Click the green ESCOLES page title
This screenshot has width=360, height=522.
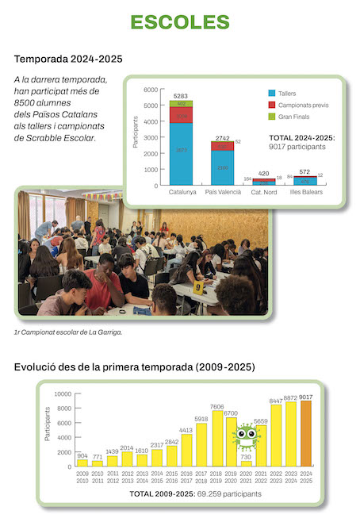pos(179,21)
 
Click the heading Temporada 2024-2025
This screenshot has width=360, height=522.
pos(68,59)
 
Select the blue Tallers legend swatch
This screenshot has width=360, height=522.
pos(271,93)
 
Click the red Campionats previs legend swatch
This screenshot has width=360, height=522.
pos(271,105)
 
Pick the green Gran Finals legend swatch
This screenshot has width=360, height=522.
pos(271,116)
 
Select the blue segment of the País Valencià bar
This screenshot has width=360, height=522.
pos(222,167)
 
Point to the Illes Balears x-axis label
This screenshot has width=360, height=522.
pos(305,193)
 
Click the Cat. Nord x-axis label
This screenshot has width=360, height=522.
pos(264,193)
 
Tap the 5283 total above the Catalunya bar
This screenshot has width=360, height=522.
pos(181,96)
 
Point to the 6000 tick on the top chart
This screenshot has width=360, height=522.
pos(151,90)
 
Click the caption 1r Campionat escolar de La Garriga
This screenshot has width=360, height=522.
pos(68,332)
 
